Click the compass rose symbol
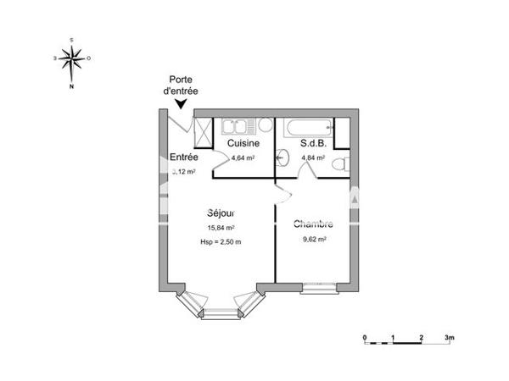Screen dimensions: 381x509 72,58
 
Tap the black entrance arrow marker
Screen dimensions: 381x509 182,104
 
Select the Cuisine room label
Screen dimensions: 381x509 243,144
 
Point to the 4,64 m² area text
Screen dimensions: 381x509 243,157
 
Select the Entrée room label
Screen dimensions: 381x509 184,157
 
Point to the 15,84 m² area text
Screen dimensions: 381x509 220,228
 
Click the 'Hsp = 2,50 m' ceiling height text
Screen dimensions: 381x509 220,242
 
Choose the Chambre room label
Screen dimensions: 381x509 313,224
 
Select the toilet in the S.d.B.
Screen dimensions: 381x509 340,163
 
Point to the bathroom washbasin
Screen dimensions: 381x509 282,157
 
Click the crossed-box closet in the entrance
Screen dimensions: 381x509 203,133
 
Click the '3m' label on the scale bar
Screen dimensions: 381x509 449,337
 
